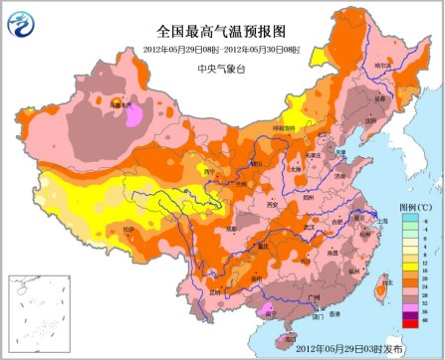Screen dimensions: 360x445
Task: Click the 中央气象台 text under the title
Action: coord(220,70)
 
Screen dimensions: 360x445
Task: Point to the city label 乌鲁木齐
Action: coord(122,102)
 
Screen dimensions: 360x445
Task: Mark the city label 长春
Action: coord(381,98)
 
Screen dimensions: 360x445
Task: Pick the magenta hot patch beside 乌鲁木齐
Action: coord(133,116)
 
